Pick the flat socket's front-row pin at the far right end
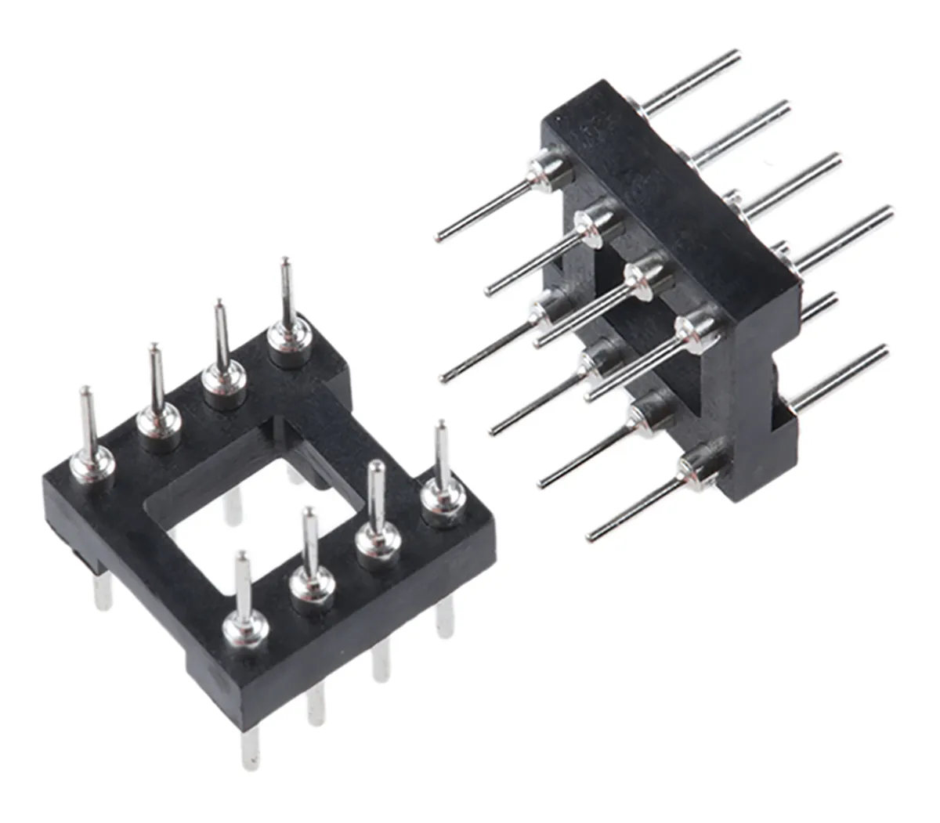point(442,462)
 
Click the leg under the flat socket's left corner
point(102,591)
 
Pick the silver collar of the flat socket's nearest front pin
point(246,626)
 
